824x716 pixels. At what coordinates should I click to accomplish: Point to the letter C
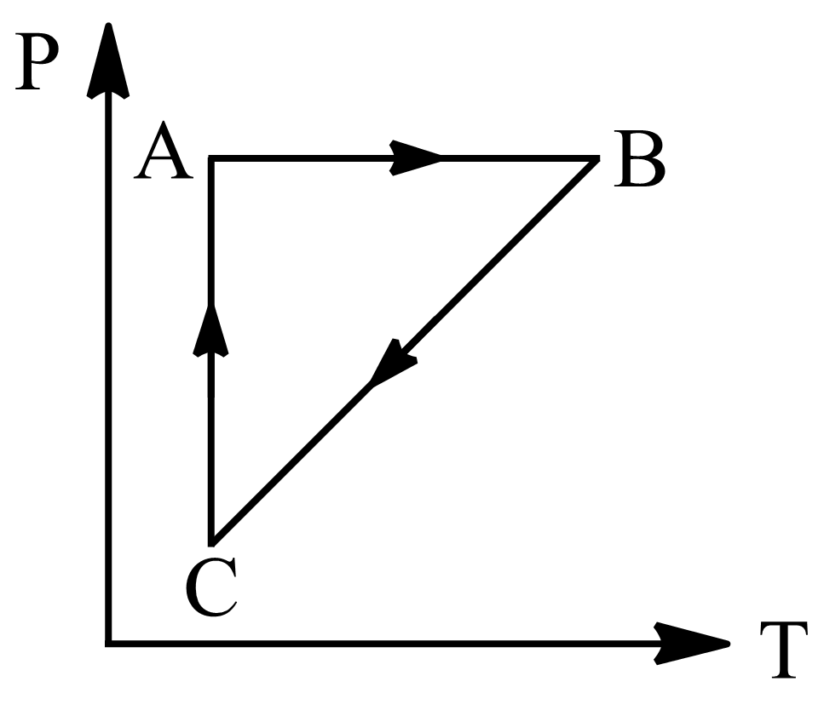[x=210, y=588]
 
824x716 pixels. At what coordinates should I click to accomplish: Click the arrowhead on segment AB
[x=415, y=158]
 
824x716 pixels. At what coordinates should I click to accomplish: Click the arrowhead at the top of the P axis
[x=108, y=60]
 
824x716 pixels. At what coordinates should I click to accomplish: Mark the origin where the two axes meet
[x=108, y=643]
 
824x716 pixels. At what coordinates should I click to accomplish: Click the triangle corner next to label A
[x=211, y=158]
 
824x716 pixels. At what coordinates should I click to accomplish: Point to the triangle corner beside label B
[x=596, y=159]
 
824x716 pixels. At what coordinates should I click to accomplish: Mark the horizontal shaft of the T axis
[x=383, y=643]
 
